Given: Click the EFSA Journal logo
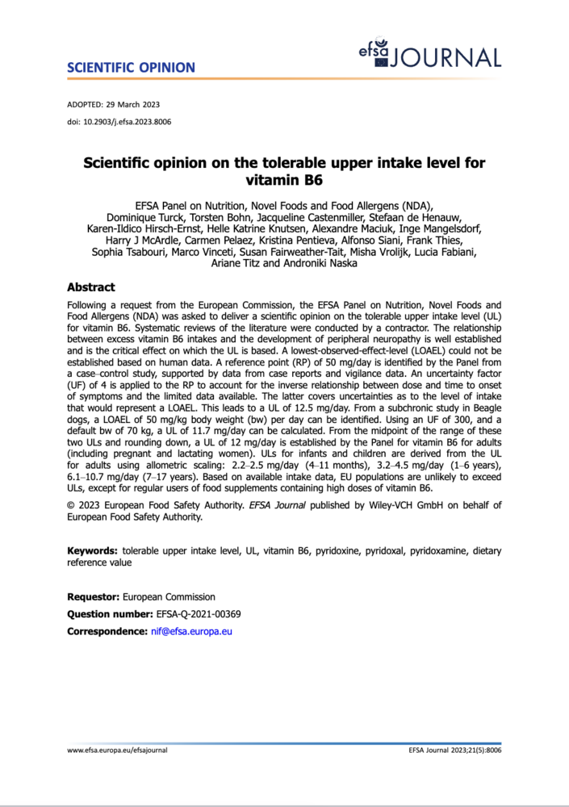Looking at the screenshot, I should point(430,55).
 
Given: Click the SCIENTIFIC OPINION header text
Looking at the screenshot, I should point(131,67).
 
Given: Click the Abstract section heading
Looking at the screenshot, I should point(90,287).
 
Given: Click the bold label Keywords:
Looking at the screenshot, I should point(93,551).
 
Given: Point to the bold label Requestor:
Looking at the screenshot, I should point(93,597).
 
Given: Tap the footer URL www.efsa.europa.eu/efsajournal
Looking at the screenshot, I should point(117,750).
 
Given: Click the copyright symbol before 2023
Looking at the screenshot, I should point(70,506).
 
